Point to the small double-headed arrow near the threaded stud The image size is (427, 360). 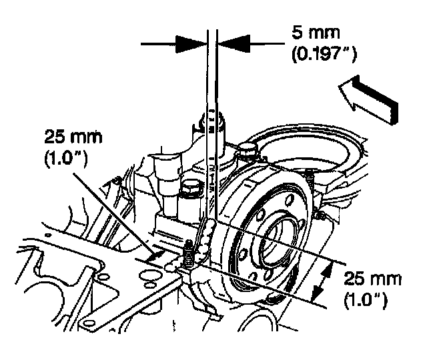pos(155,254)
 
